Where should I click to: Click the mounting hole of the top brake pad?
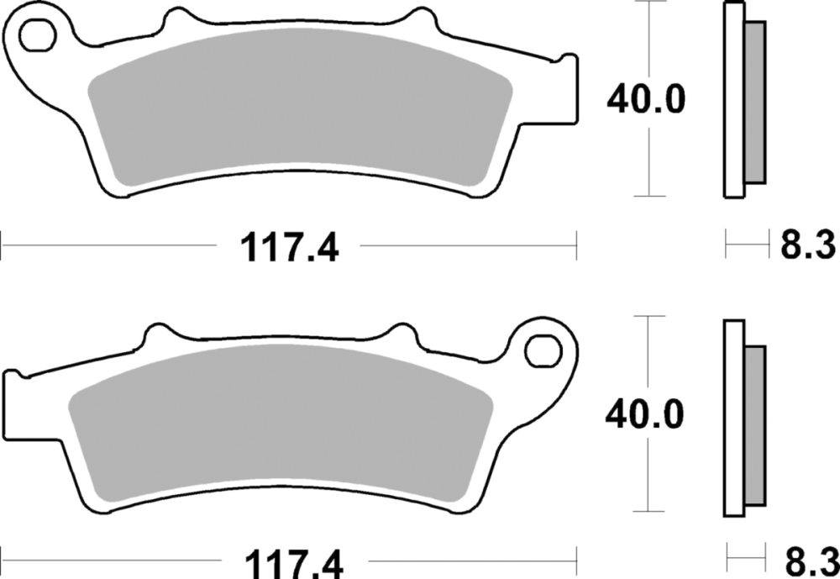pyautogui.click(x=38, y=34)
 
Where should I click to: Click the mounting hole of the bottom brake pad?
pyautogui.click(x=543, y=351)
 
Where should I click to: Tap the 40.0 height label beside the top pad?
pyautogui.click(x=645, y=99)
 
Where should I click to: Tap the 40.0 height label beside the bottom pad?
pyautogui.click(x=644, y=414)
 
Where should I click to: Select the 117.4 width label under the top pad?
pyautogui.click(x=289, y=248)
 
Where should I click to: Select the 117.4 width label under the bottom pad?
pyautogui.click(x=293, y=563)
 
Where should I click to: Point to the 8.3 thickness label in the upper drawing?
pyautogui.click(x=807, y=245)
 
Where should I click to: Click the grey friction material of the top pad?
pyautogui.click(x=300, y=104)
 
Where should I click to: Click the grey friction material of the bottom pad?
pyautogui.click(x=281, y=421)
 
